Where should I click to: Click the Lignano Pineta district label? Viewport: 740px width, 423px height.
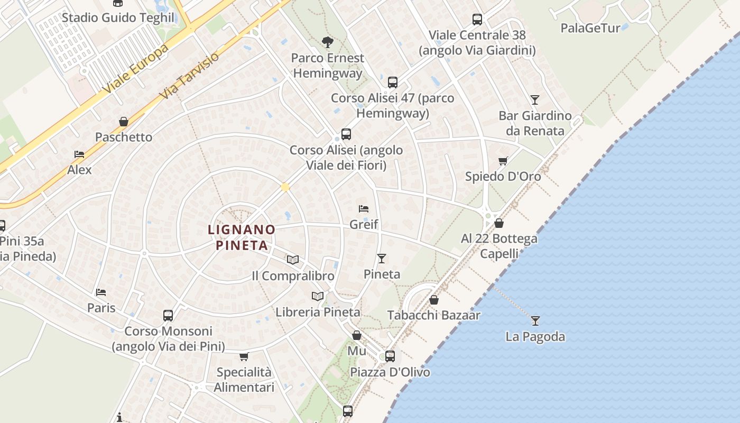tap(242, 237)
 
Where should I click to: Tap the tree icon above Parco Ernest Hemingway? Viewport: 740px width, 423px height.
tap(328, 42)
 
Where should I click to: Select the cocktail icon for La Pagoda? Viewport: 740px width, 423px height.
tap(535, 320)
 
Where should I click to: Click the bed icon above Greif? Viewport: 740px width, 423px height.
tap(364, 209)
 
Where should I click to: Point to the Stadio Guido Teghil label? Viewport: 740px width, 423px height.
tap(118, 17)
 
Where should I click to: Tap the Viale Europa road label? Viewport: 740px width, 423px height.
tap(137, 69)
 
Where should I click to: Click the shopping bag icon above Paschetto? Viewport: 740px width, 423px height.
tap(124, 122)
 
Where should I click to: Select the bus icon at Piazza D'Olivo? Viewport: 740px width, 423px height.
tap(390, 356)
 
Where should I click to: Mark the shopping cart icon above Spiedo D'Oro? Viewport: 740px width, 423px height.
tap(503, 161)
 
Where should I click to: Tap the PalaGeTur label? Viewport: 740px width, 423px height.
tap(590, 28)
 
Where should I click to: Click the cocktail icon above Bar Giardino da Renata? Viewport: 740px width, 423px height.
tap(535, 100)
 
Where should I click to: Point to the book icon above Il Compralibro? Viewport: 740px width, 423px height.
tap(293, 260)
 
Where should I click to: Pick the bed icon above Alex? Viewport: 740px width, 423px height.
tap(79, 154)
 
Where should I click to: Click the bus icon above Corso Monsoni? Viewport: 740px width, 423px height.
tap(168, 316)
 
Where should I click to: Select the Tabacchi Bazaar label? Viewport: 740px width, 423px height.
tap(433, 316)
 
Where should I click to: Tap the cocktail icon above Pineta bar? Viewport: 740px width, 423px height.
tap(382, 259)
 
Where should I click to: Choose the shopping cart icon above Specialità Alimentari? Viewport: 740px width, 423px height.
tap(244, 356)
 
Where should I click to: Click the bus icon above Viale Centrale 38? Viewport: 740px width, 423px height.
tap(477, 20)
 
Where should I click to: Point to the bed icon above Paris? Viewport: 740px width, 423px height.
tap(101, 292)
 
